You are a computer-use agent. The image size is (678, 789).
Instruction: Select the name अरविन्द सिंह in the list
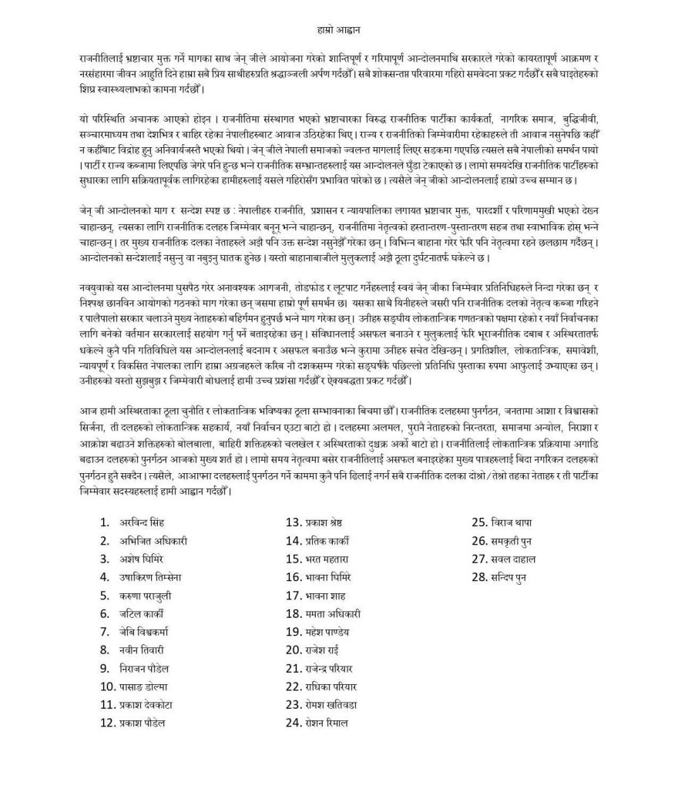(x=143, y=522)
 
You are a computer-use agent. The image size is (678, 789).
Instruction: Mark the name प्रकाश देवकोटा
(x=149, y=704)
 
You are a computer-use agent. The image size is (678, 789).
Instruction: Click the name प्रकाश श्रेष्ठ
(x=331, y=522)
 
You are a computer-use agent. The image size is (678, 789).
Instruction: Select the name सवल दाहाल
(x=517, y=559)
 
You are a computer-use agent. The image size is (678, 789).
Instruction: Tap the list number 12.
(x=107, y=723)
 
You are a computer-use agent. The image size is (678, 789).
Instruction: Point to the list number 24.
(x=294, y=723)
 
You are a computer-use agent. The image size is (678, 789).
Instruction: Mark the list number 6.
(x=105, y=613)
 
